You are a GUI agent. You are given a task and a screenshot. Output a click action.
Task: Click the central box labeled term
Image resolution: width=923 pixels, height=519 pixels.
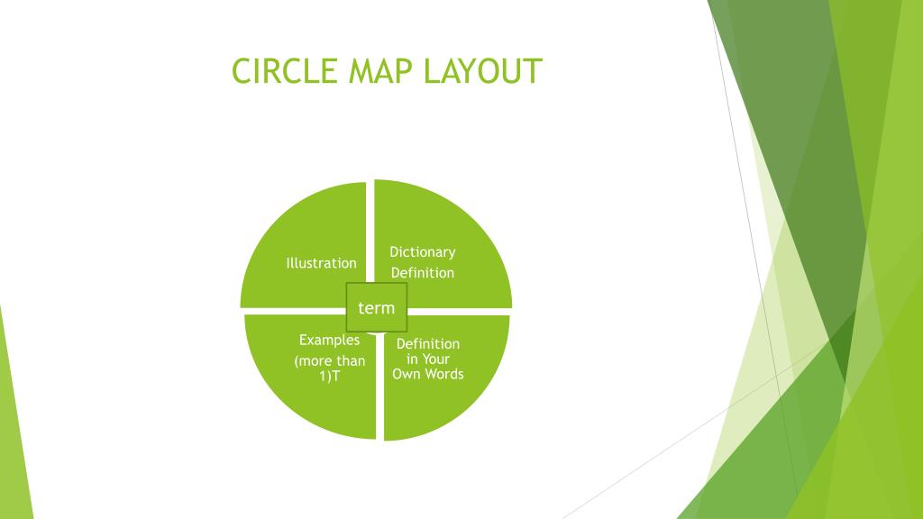(x=377, y=307)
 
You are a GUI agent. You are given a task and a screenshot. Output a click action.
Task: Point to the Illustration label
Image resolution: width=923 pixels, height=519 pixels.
(x=321, y=263)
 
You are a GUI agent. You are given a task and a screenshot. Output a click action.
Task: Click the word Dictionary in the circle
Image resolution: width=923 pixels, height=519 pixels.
(x=422, y=252)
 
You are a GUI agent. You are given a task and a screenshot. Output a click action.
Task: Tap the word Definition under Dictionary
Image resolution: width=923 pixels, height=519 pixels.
(x=422, y=273)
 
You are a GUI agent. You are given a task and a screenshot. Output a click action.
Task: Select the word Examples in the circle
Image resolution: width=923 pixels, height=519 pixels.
(x=329, y=340)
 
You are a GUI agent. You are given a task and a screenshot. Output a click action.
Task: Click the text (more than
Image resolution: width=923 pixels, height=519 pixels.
(x=329, y=361)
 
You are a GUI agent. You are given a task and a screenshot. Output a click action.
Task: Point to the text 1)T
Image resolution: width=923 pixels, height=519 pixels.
(x=329, y=376)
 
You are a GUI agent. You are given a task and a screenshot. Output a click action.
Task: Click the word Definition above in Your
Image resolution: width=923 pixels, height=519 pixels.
(x=428, y=343)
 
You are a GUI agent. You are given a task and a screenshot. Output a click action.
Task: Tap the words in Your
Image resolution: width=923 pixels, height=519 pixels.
(x=428, y=359)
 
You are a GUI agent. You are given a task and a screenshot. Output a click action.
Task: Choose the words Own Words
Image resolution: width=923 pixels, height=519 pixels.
(x=428, y=373)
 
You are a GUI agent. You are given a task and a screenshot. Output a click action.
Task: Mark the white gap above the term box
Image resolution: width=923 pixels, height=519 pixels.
(x=370, y=230)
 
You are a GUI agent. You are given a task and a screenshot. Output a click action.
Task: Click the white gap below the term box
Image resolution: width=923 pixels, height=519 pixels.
(x=380, y=387)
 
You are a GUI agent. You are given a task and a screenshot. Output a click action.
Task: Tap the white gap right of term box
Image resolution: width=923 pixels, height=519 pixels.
(x=460, y=311)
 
